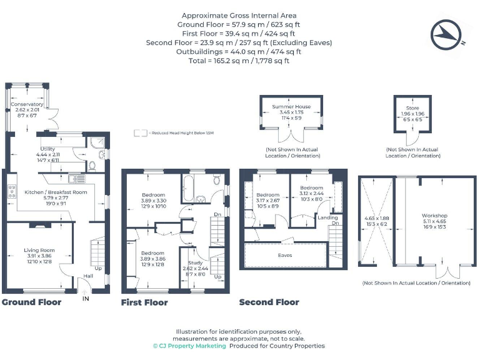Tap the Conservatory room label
click(27, 104)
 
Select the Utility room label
click(48, 148)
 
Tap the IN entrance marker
click(86, 299)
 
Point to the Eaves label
click(285, 255)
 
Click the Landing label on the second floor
click(327, 217)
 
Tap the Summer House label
click(291, 107)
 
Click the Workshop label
click(434, 216)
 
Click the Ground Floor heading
click(31, 302)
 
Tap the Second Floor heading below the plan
click(269, 302)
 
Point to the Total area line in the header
click(239, 61)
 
